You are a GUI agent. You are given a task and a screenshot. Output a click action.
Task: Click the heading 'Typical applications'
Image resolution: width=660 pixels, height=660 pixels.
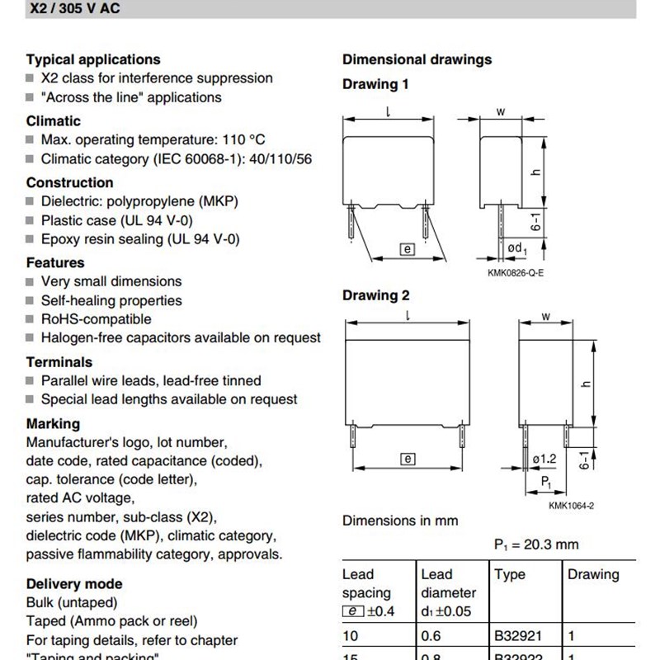pyautogui.click(x=93, y=59)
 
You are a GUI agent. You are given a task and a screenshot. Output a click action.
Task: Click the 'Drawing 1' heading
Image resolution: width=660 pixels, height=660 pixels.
pyautogui.click(x=375, y=84)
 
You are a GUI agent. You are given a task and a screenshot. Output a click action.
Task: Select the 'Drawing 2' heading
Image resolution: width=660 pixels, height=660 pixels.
pyautogui.click(x=375, y=295)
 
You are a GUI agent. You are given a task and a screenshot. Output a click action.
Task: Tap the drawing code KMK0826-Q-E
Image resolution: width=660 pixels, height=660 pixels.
pyautogui.click(x=516, y=273)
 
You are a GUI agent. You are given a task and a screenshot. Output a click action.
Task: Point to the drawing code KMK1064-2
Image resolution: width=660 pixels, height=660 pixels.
pyautogui.click(x=571, y=506)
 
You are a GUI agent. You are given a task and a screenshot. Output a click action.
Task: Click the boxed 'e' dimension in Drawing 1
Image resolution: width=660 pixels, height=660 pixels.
pyautogui.click(x=405, y=247)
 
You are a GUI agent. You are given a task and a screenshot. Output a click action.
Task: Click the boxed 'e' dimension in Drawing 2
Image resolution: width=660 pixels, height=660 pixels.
pyautogui.click(x=407, y=459)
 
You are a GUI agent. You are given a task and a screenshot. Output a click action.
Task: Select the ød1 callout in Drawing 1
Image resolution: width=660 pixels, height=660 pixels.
pyautogui.click(x=517, y=247)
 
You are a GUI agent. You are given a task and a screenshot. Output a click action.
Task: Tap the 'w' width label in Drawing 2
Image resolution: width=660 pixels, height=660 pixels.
pyautogui.click(x=544, y=316)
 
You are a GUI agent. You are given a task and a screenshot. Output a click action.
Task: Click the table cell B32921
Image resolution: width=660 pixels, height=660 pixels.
pyautogui.click(x=518, y=636)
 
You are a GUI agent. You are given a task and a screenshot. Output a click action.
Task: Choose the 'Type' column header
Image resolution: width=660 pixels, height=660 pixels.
pyautogui.click(x=509, y=574)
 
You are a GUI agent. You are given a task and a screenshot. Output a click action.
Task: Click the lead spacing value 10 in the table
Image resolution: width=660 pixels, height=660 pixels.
pyautogui.click(x=350, y=636)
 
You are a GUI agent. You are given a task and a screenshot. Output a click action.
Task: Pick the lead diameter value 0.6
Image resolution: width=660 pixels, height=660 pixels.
pyautogui.click(x=431, y=636)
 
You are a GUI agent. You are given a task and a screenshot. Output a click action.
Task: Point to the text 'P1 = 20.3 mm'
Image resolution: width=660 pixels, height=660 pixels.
pyautogui.click(x=536, y=544)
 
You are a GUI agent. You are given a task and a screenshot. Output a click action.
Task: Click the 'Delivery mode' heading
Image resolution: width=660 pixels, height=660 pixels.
pyautogui.click(x=74, y=584)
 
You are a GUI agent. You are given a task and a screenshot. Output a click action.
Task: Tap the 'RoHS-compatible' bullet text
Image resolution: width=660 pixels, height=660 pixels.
pyautogui.click(x=96, y=319)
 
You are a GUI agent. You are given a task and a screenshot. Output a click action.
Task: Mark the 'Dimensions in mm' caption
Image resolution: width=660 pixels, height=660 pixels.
pyautogui.click(x=400, y=521)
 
